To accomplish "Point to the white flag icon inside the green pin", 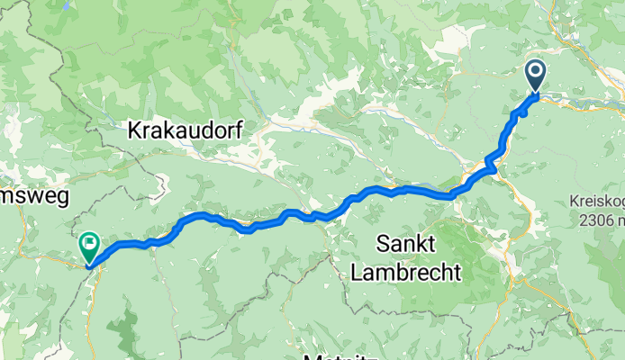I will click(x=90, y=241).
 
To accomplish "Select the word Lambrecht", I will click(x=405, y=270).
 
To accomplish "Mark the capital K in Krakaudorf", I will click(x=135, y=130).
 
